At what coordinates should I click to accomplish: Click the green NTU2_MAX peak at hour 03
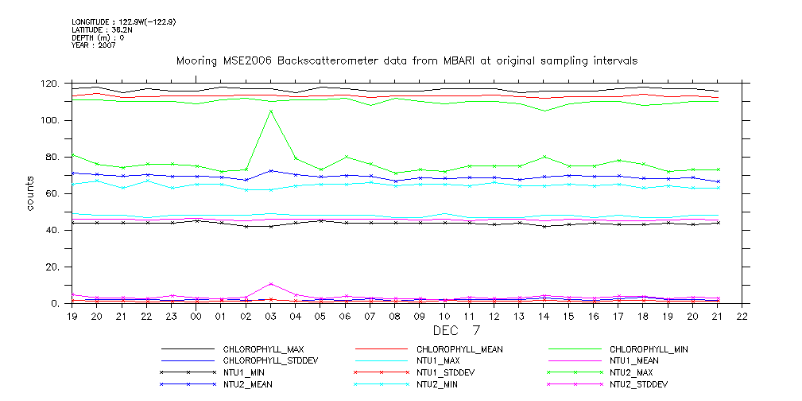[271, 111]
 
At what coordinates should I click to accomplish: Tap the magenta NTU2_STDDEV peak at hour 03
[271, 284]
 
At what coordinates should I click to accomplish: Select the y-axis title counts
[31, 194]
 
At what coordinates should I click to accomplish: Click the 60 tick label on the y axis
[52, 194]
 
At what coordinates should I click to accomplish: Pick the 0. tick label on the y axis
[56, 304]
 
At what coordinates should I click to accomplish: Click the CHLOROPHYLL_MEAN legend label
[459, 349]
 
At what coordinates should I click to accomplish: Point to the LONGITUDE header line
[123, 22]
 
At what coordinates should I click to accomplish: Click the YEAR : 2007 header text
[94, 45]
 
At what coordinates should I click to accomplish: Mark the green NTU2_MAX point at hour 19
[73, 155]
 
